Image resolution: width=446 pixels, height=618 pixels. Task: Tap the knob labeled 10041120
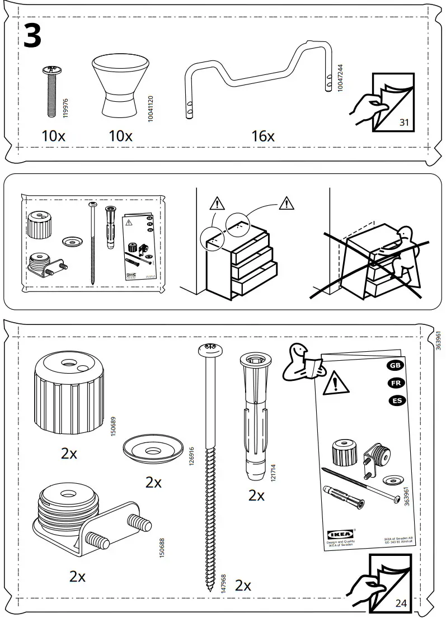pos(119,85)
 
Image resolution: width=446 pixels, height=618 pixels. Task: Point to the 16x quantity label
pos(262,136)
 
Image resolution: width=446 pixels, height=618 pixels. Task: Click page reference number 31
pos(405,122)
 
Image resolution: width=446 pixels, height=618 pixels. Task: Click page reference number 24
pos(401,603)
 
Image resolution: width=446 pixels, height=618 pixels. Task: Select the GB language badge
pos(395,365)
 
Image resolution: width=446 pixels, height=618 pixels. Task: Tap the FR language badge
pos(395,383)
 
